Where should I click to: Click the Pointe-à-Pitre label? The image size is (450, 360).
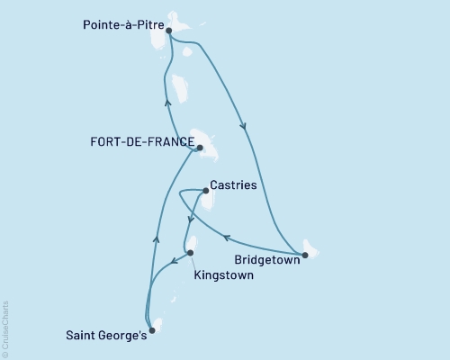118,28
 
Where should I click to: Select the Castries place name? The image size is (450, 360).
233,186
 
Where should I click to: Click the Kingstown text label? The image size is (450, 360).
222,275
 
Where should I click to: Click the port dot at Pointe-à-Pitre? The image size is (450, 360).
169,30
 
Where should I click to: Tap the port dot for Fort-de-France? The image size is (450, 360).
200,148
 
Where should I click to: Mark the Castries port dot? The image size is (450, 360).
206,191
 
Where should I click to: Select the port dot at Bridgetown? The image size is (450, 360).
304,256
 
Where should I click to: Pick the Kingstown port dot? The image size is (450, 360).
189,253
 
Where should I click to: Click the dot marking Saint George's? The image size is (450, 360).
151,330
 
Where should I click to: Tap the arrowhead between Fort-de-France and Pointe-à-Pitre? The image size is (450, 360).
167,101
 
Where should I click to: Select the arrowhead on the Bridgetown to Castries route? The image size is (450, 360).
226,237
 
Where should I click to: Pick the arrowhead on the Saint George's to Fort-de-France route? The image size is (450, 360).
157,238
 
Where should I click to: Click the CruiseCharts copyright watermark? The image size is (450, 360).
6,328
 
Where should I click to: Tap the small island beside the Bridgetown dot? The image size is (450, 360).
311,247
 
